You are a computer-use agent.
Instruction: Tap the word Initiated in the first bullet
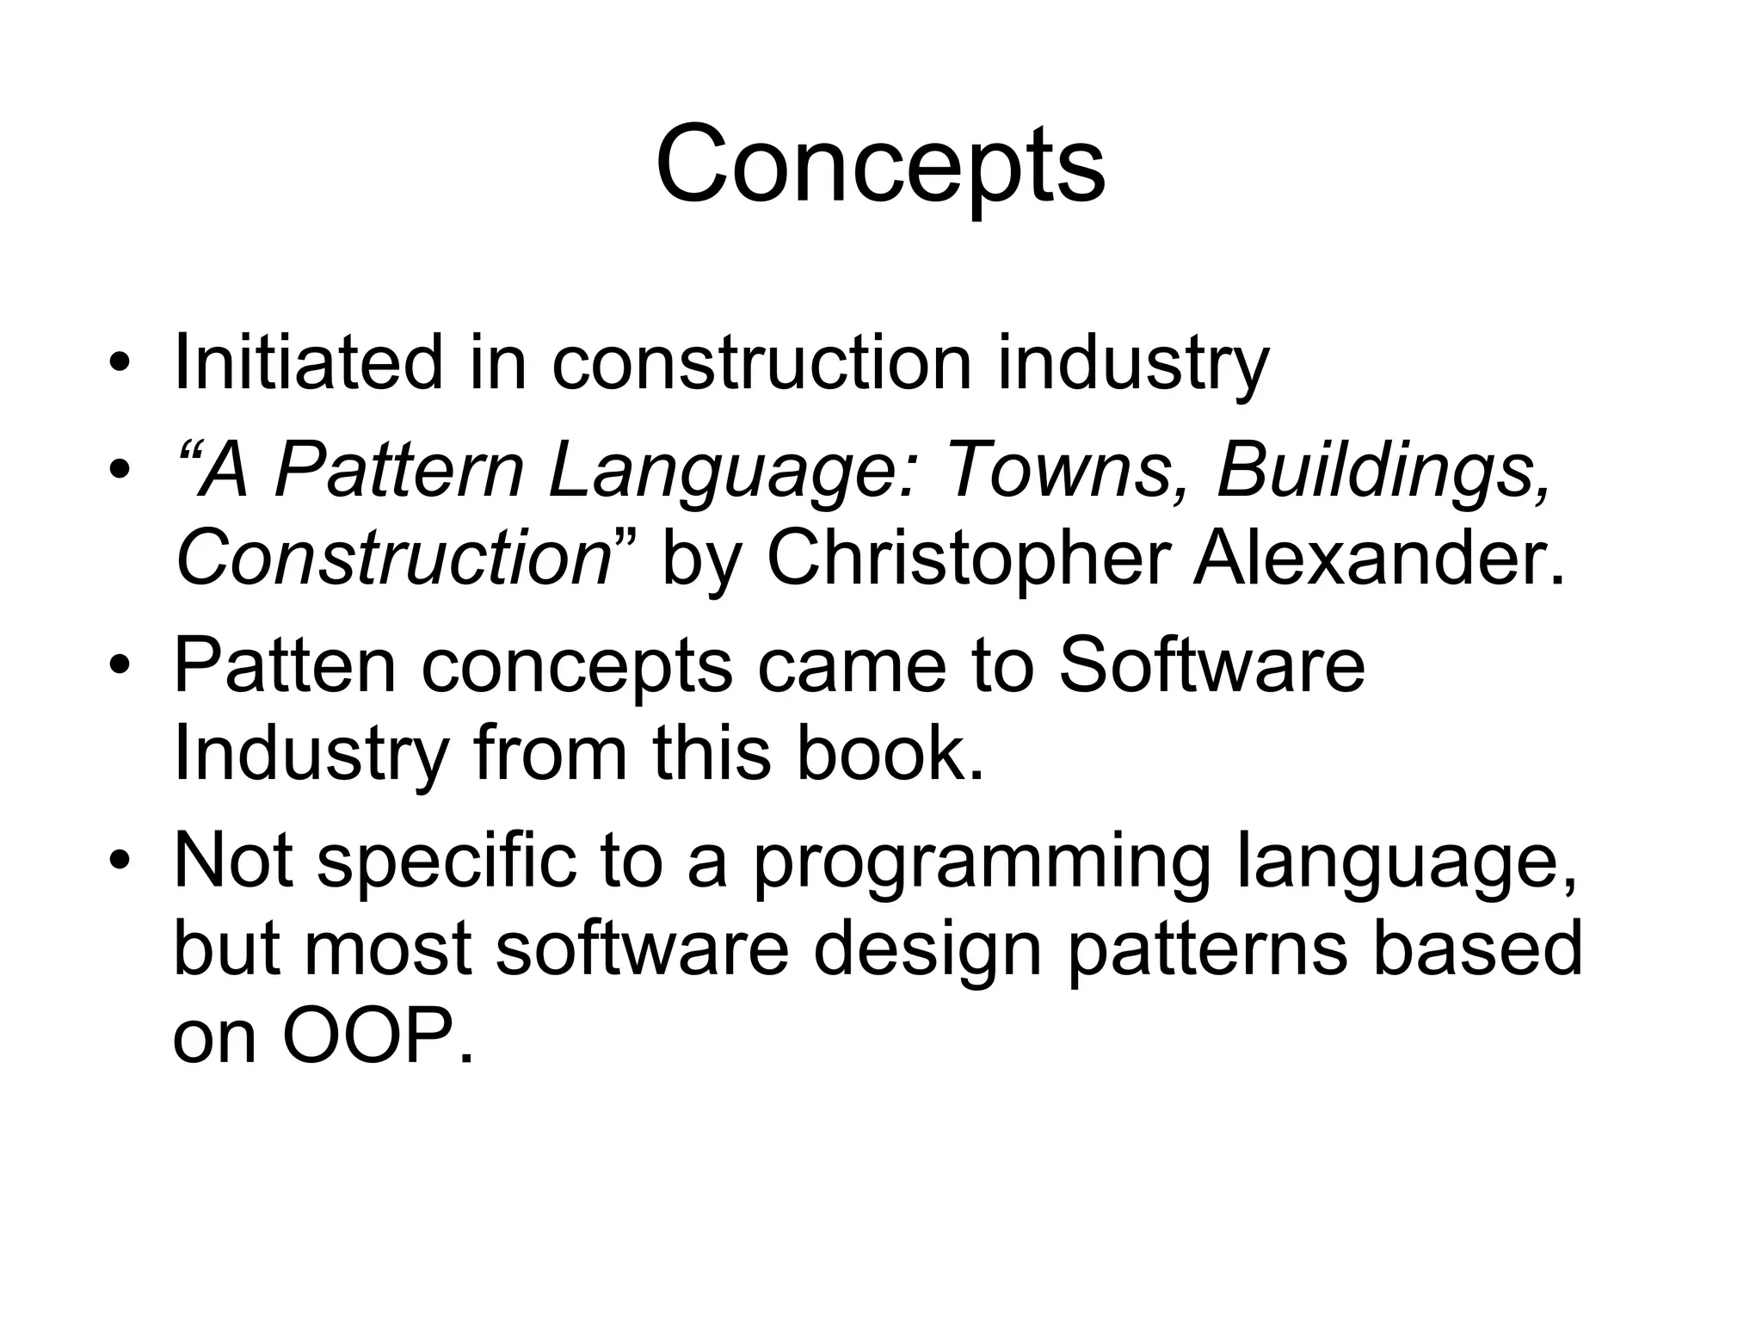[308, 362]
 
